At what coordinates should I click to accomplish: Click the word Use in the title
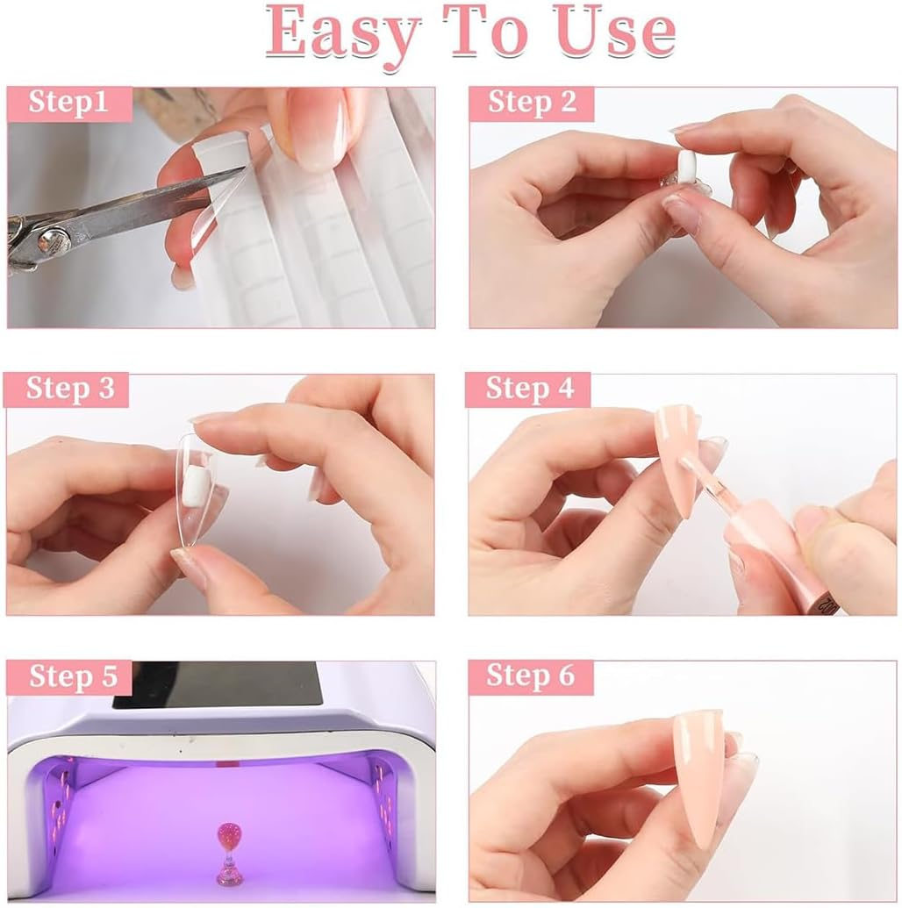pos(622,33)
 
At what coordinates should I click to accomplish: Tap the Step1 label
pos(68,103)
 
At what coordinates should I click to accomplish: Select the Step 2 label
pos(532,103)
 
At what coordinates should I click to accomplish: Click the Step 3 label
pos(69,389)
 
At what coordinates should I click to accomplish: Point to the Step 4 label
pos(530,389)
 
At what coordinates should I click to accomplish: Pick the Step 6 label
pos(530,676)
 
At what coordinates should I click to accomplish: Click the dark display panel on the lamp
pos(219,684)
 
